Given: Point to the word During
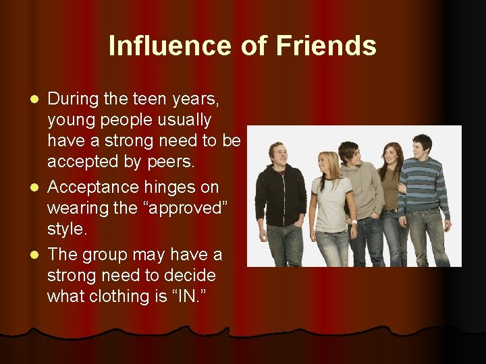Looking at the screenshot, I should click(74, 99).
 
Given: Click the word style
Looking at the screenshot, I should click(67, 229).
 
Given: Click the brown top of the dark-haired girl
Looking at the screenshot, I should click(390, 193).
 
